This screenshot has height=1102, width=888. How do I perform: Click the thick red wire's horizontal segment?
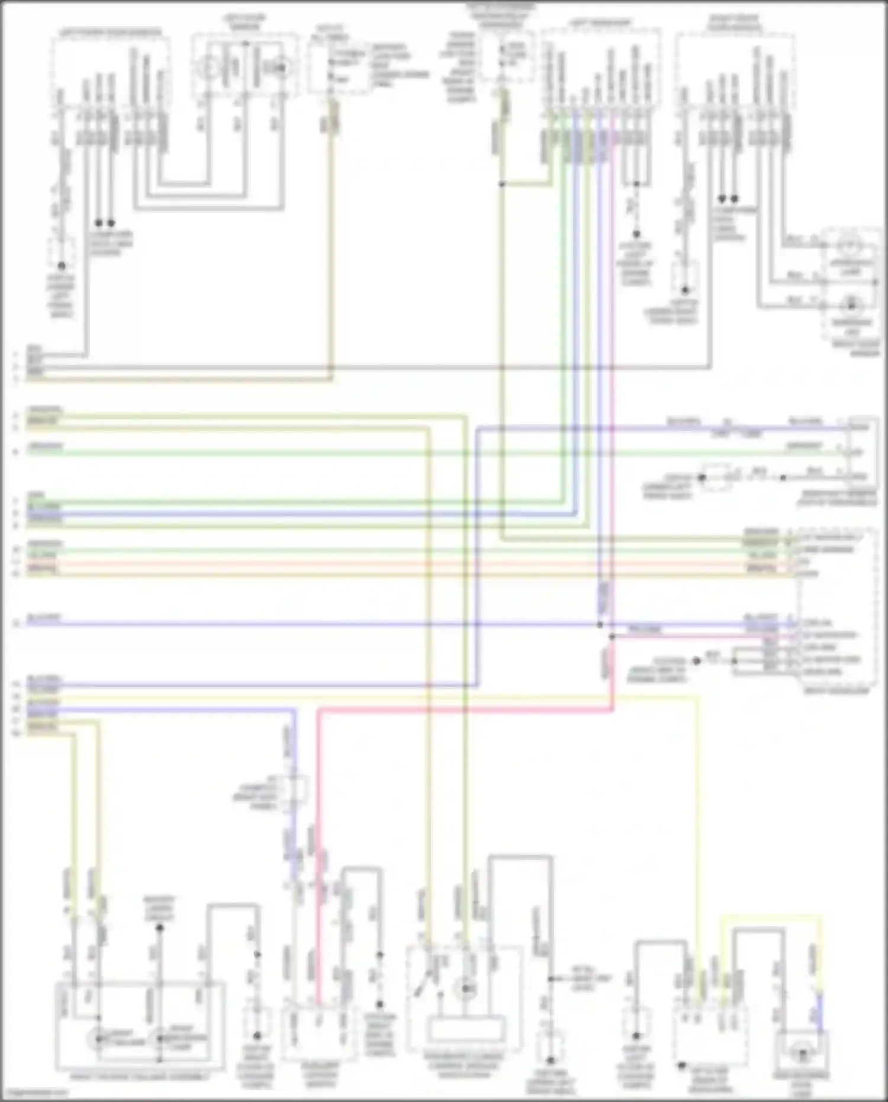pos(462,711)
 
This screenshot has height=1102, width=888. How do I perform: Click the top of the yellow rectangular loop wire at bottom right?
pos(770,917)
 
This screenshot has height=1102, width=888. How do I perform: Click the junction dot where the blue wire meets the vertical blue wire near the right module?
pos(600,624)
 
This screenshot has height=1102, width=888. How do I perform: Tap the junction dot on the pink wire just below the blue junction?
pos(612,637)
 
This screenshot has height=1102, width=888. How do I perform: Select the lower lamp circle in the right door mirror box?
pos(851,304)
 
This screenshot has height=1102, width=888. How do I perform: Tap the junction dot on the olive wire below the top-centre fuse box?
pos(501,184)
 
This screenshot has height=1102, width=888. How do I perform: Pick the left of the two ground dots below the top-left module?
pos(99,223)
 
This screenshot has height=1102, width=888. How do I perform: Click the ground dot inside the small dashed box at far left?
pos(61,266)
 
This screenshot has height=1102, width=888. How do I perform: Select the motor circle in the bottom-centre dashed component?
pos(466,988)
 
